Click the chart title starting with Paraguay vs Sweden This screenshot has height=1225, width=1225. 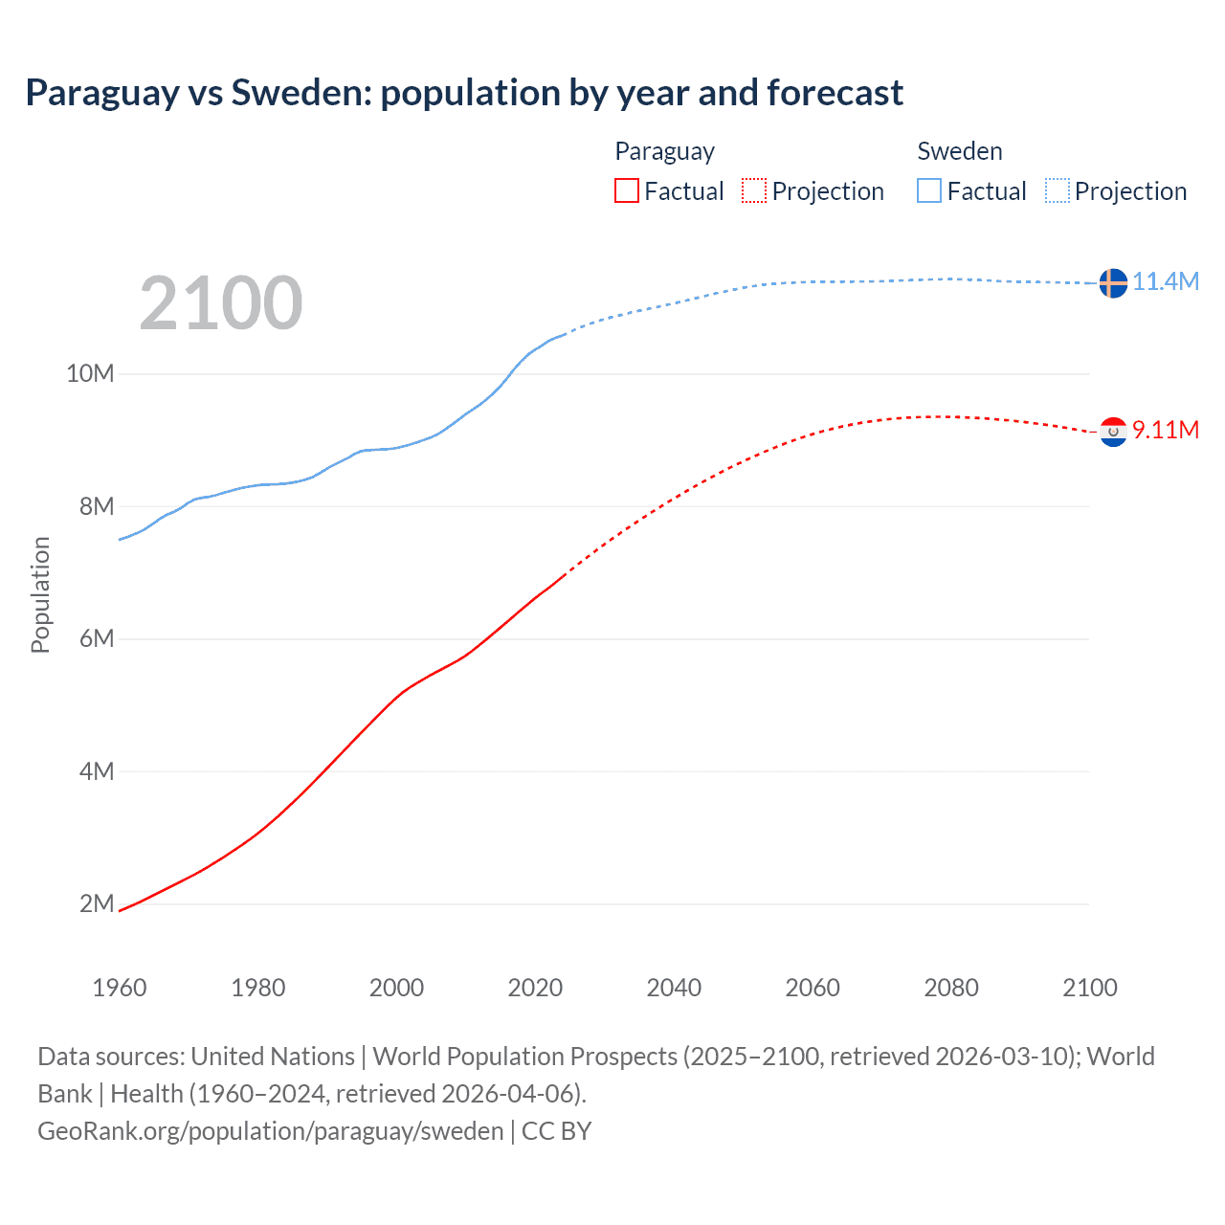(x=464, y=93)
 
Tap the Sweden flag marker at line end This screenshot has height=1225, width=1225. (x=1112, y=282)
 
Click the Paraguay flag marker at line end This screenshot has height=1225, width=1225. (x=1112, y=432)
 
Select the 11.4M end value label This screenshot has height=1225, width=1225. (x=1165, y=281)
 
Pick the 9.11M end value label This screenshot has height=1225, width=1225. (x=1165, y=430)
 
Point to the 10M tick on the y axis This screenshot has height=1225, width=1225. (x=90, y=373)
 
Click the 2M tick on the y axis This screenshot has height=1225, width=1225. (x=97, y=903)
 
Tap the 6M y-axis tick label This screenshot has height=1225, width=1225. (x=97, y=638)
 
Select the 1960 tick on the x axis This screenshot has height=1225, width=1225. (x=120, y=988)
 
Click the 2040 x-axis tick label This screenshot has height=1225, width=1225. (x=674, y=988)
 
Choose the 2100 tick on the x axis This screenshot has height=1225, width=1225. (x=1089, y=988)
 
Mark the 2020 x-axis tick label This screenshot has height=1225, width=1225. (x=535, y=988)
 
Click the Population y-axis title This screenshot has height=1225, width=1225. (x=40, y=594)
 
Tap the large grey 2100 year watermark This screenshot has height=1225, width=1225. (x=221, y=303)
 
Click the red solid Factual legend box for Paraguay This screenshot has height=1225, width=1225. (x=626, y=190)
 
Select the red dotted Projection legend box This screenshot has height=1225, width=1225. (x=754, y=190)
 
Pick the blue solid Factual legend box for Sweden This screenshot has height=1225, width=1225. (x=929, y=190)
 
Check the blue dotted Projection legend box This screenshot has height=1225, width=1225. (x=1057, y=190)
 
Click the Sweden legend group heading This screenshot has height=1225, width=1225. (x=960, y=151)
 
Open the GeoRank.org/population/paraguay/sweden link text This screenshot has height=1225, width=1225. (x=271, y=1131)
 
